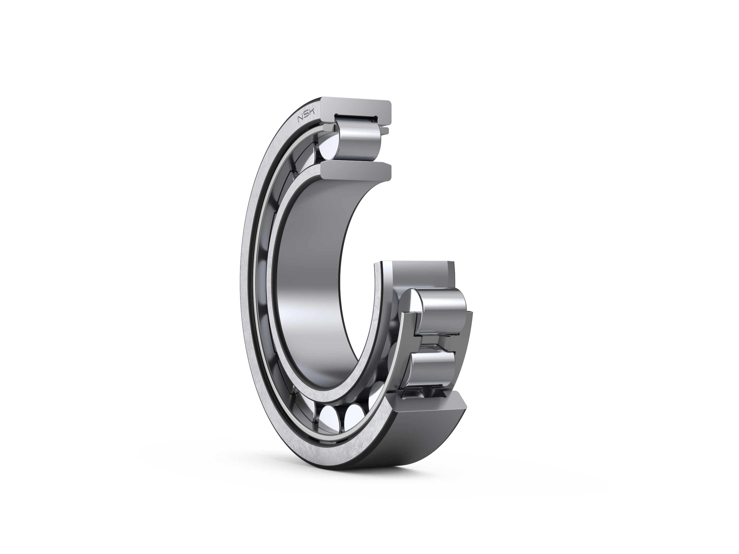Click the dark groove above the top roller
tap(356, 118)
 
